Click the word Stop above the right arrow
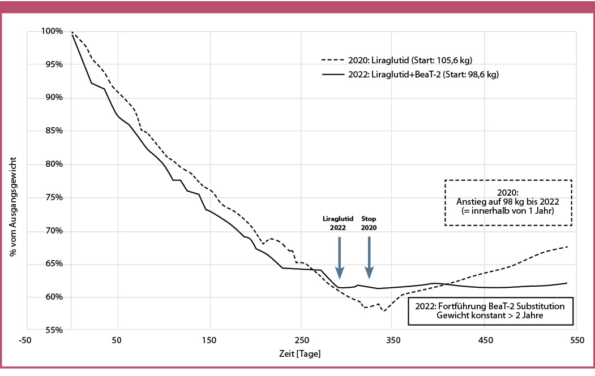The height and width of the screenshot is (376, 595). (369, 218)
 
